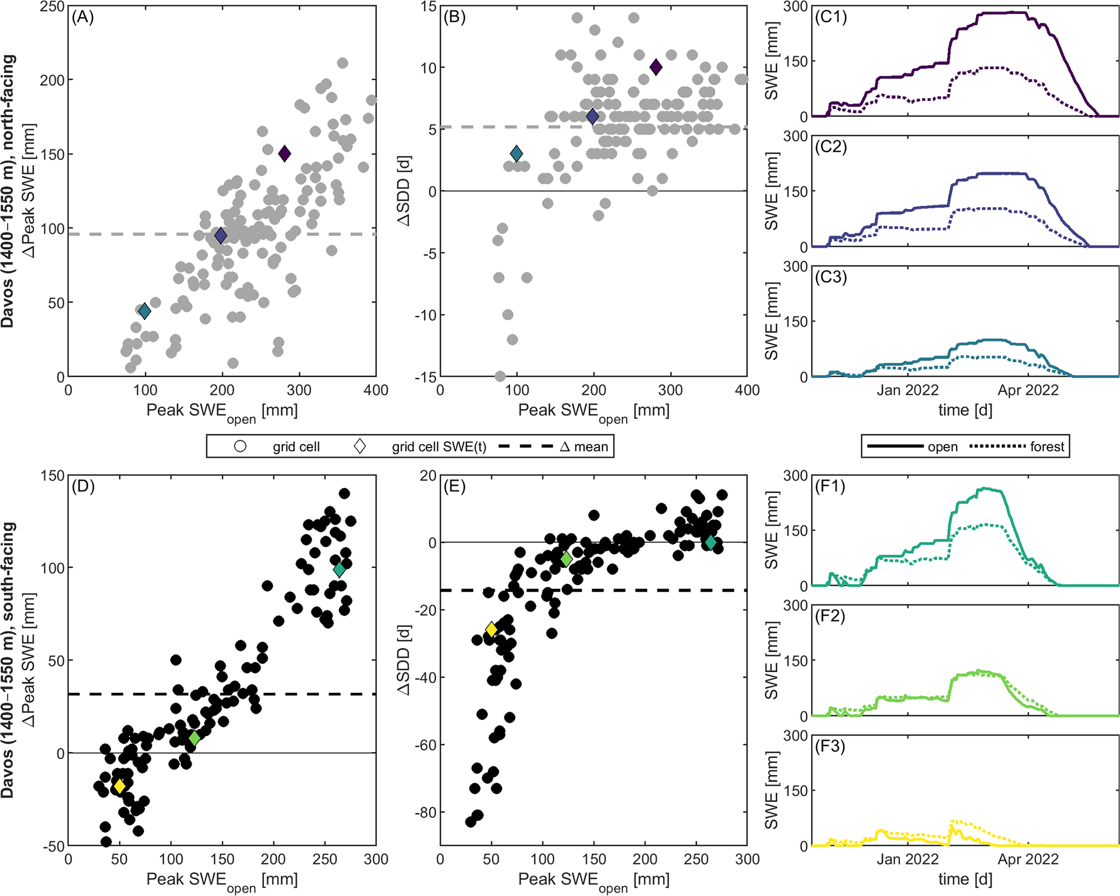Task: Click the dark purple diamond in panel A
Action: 284,154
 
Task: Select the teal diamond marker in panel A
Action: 144,311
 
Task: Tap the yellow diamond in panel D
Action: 120,786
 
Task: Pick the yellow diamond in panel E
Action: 491,629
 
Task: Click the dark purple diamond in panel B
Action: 656,67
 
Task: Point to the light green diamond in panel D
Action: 195,738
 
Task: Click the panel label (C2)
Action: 831,147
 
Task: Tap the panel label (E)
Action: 455,487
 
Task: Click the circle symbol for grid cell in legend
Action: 240,447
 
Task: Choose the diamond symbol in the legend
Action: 359,447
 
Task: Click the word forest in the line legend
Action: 1047,447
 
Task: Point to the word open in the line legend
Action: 942,447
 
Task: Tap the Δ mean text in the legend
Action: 584,447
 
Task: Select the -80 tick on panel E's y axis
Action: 425,812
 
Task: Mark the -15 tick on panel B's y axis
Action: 425,377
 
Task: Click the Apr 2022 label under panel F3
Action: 1028,859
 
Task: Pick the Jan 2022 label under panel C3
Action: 908,390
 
